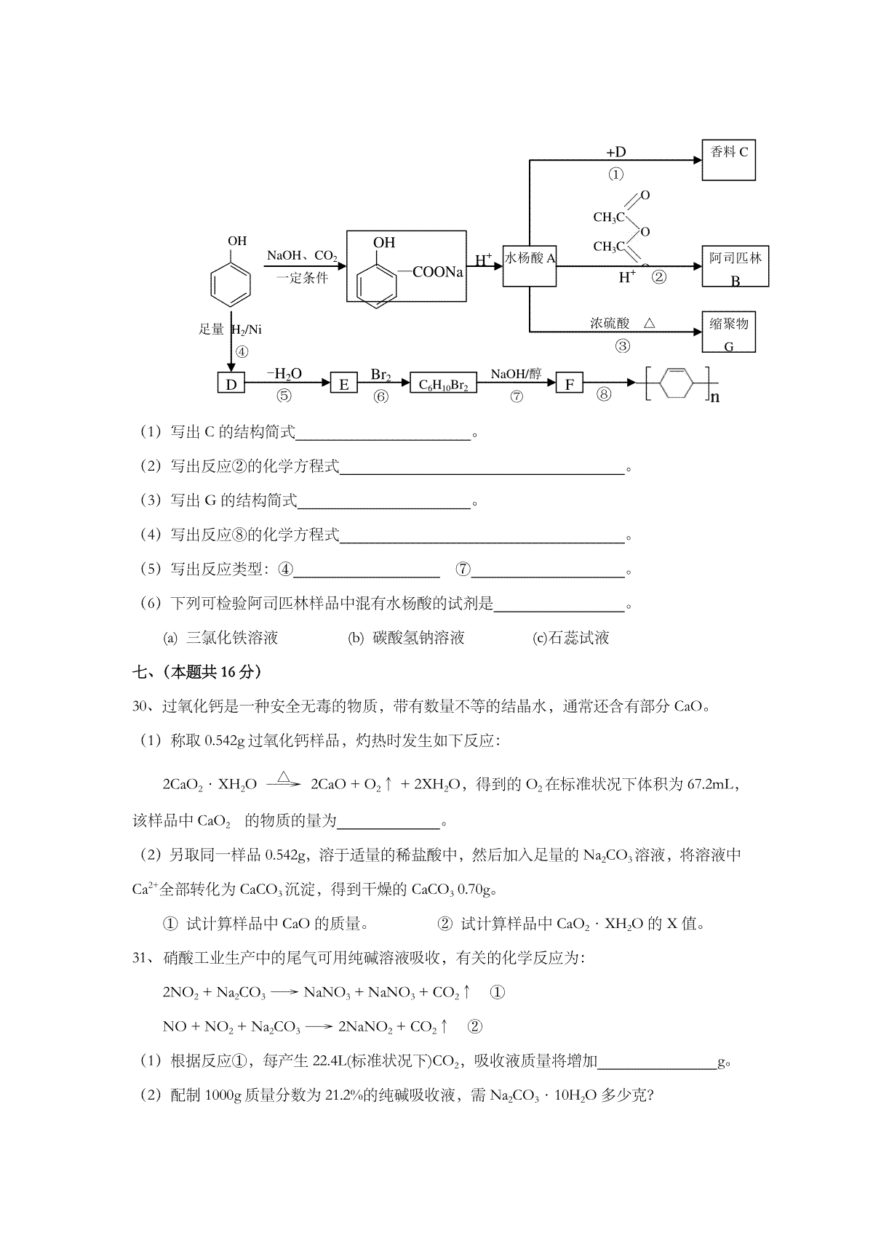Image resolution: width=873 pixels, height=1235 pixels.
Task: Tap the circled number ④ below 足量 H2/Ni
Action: click(242, 351)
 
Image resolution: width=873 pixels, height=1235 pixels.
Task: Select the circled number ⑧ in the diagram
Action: click(604, 394)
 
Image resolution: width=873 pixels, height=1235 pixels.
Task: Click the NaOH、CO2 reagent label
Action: click(302, 256)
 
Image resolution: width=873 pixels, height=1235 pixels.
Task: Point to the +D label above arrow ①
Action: click(616, 151)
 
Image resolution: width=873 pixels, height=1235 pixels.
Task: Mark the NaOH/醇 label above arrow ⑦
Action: click(517, 374)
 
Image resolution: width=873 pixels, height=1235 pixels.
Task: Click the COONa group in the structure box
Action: click(438, 272)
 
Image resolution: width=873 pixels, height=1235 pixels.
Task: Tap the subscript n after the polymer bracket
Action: click(714, 396)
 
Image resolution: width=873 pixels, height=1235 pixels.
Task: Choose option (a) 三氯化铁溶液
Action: click(220, 638)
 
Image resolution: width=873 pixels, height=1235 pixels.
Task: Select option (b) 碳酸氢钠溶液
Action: click(406, 638)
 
